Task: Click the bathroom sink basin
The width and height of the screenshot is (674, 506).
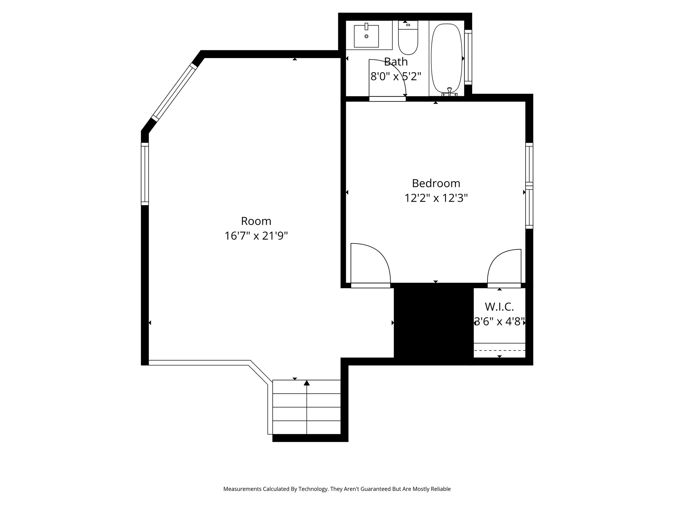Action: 366,36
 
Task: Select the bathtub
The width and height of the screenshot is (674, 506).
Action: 447,58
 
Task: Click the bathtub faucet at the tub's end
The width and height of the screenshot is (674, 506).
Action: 450,92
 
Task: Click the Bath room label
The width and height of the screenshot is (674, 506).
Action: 396,62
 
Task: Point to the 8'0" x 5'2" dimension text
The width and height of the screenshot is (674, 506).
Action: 396,76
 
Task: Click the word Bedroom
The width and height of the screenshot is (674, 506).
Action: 436,183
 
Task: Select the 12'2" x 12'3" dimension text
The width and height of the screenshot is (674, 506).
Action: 436,198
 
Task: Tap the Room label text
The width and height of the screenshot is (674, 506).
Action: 256,221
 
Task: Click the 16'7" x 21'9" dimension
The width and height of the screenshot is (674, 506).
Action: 256,236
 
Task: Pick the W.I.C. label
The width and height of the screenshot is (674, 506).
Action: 499,307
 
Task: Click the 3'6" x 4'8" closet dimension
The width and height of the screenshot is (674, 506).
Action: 499,322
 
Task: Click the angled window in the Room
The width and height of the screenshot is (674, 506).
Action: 174,92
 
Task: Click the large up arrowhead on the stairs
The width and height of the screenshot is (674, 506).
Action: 307,383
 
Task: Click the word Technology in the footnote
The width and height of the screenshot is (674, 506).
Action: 313,489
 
